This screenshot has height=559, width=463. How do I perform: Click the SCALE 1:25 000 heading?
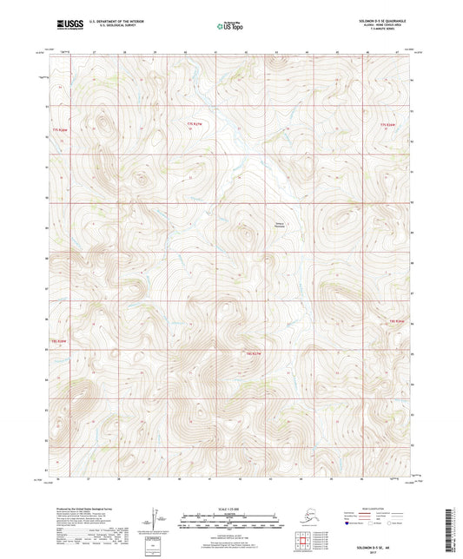227,508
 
